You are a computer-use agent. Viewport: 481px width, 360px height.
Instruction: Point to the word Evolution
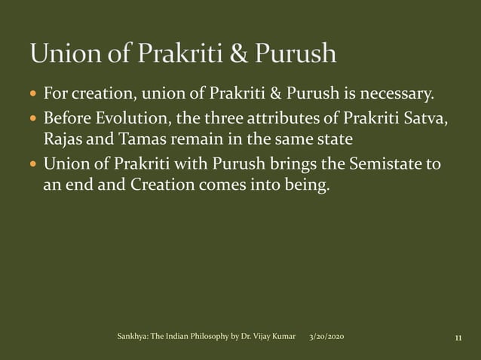click(x=130, y=118)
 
